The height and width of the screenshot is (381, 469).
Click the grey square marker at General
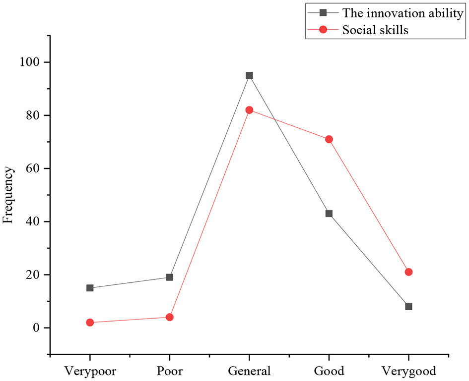tap(249, 75)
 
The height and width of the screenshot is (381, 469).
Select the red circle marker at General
tap(249, 110)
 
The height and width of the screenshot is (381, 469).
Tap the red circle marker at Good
tap(329, 139)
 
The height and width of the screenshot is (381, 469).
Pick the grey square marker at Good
tap(329, 214)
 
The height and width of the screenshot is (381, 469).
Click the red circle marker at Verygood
tap(408, 272)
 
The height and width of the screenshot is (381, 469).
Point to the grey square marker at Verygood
tap(408, 307)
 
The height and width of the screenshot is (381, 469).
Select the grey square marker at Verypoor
tap(90, 288)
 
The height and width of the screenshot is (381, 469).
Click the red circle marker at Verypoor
tap(90, 323)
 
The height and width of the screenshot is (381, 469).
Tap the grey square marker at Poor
tap(170, 277)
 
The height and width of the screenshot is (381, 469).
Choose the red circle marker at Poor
tap(170, 317)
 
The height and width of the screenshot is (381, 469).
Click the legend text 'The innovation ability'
tap(402, 14)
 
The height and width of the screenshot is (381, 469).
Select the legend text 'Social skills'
tap(375, 30)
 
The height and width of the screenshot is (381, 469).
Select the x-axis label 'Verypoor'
tap(90, 371)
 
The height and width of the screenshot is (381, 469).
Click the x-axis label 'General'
tap(249, 371)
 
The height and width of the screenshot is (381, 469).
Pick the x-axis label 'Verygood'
tap(408, 371)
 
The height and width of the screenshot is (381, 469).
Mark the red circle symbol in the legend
tap(323, 30)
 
